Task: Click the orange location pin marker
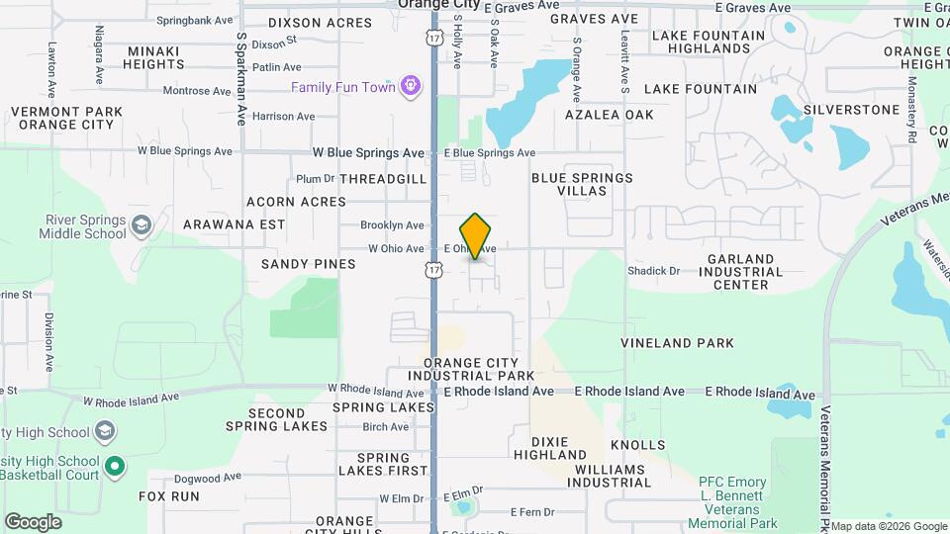476,235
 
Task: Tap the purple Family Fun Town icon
412,87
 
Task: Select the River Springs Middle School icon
142,225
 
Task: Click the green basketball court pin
115,465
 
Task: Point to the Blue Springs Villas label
582,184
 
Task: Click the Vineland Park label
677,343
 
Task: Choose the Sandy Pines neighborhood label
308,264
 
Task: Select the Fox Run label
169,496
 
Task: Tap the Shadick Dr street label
653,270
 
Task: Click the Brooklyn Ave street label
392,225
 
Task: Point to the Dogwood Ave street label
207,477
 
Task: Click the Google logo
33,521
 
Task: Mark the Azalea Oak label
610,115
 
